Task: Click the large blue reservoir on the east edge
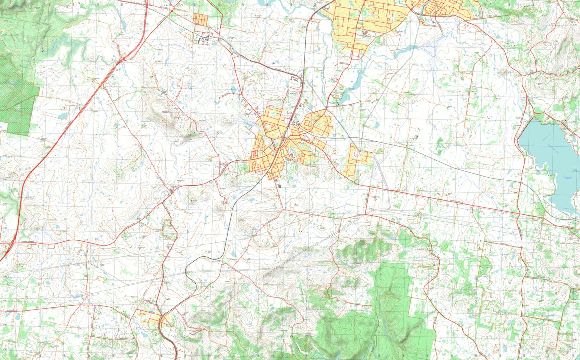coord(550,159)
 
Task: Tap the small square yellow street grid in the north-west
coord(201,20)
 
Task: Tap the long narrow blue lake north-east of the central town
coord(354,84)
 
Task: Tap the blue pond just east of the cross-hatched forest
coord(62,115)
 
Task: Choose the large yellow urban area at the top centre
coord(362,22)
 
